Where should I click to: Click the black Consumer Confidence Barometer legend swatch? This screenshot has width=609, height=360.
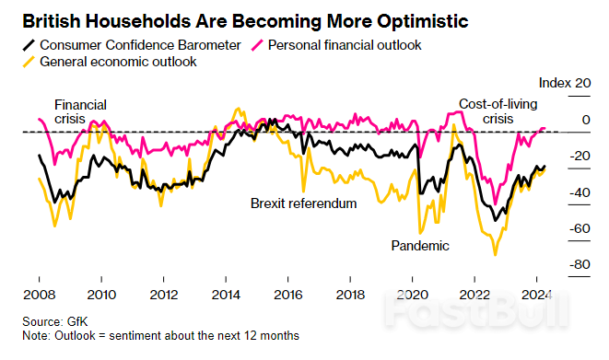[x=26, y=45]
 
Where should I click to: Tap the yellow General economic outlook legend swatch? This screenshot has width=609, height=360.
[x=26, y=62]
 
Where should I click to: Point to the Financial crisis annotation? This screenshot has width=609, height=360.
[x=80, y=112]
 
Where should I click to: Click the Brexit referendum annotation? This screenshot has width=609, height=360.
[x=303, y=203]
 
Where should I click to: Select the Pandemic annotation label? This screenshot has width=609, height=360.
[x=420, y=246]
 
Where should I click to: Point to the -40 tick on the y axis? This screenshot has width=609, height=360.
[x=579, y=192]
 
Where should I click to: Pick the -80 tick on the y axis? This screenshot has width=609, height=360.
[x=579, y=265]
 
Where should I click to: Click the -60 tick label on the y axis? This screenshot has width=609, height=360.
[x=579, y=228]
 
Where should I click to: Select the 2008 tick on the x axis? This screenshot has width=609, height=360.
[x=39, y=296]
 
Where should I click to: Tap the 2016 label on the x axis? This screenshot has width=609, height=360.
[x=287, y=296]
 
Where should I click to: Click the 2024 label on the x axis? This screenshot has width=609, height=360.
[x=536, y=296]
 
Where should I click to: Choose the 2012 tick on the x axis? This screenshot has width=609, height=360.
[x=163, y=296]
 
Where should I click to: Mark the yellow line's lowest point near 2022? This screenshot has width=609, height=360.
[x=496, y=255]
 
